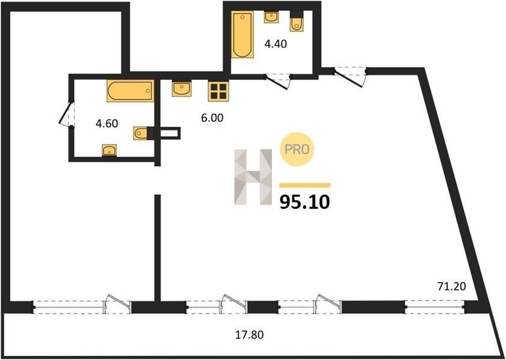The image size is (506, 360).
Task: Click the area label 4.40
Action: tap(276, 44)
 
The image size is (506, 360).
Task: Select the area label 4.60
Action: tap(107, 123)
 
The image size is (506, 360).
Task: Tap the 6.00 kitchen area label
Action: tap(212, 118)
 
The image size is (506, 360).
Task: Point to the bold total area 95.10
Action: tap(305, 202)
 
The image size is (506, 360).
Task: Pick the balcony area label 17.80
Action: tap(249, 335)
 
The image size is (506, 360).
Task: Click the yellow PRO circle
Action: tap(297, 149)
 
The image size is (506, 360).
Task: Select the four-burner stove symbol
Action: tap(218, 91)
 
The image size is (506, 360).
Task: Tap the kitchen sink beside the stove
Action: tap(181, 89)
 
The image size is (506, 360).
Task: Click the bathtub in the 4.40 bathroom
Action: tap(242, 35)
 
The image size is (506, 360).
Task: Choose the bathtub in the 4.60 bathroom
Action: tap(131, 91)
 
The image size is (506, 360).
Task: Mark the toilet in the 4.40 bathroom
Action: tap(297, 22)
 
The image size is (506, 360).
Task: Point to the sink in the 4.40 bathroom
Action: tap(272, 17)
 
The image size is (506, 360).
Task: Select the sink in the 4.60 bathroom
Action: tap(109, 151)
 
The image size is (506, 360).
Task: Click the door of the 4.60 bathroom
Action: tap(67, 115)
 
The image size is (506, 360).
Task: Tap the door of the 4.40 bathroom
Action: tap(278, 81)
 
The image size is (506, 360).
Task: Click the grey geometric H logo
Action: tap(253, 177)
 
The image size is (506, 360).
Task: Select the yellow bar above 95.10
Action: tap(305, 185)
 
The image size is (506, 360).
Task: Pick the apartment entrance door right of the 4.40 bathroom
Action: tap(350, 77)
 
